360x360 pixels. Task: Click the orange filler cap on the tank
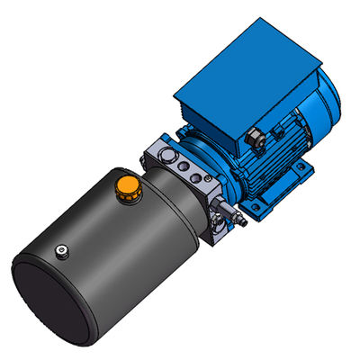[127, 189]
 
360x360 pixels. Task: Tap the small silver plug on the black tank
[61, 251]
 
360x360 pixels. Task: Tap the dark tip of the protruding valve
[244, 221]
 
